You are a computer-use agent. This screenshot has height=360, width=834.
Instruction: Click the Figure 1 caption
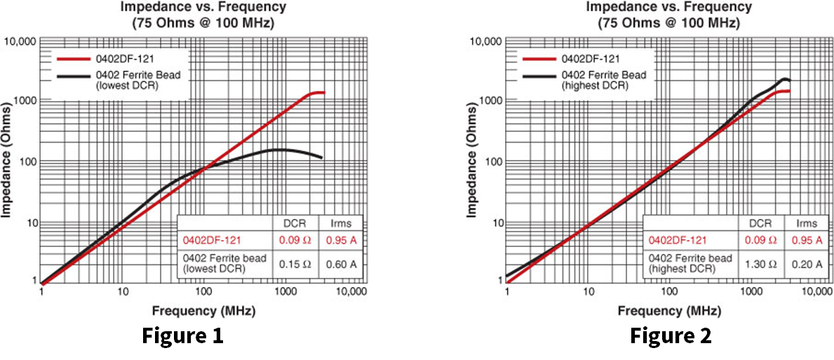183,336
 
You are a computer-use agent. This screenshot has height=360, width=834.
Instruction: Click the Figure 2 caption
670,336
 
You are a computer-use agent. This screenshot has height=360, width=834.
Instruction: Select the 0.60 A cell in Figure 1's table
340,264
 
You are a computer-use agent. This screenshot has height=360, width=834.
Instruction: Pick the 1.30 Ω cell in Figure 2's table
759,264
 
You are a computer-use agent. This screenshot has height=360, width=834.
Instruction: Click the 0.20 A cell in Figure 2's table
806,264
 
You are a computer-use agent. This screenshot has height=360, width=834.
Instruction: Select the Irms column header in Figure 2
806,223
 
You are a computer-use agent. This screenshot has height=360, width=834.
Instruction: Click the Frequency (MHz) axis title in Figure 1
201,309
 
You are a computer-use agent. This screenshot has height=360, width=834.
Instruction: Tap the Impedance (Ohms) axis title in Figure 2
473,161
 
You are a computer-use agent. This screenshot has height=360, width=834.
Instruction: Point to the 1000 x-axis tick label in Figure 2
752,292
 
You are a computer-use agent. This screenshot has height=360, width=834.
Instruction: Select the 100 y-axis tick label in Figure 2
491,161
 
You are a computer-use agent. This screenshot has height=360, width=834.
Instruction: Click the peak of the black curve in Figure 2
785,79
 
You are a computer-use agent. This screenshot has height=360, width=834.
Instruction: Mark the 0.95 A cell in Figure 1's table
340,240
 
